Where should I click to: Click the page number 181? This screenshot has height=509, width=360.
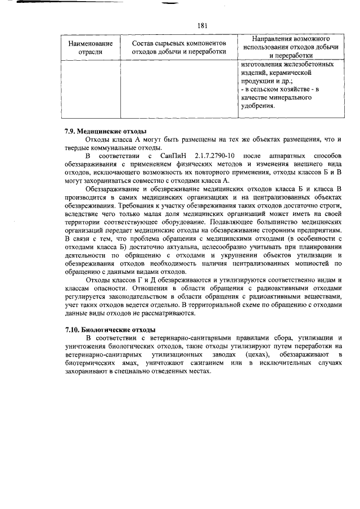tap(203, 25)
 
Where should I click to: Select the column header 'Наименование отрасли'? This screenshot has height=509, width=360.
tap(90, 48)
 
